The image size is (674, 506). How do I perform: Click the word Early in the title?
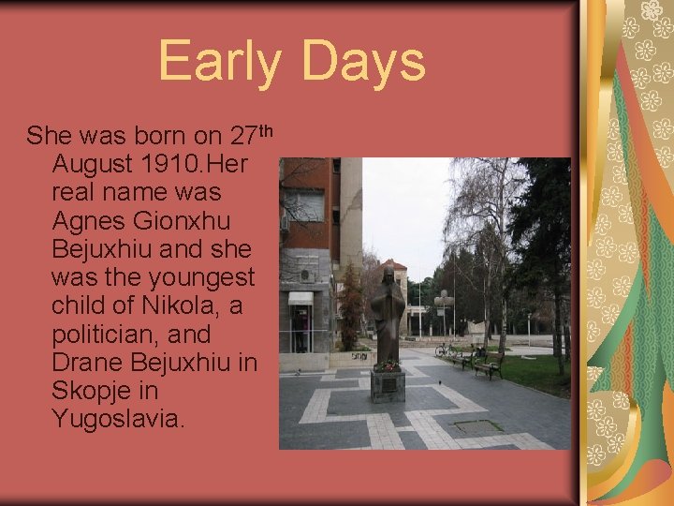[x=218, y=61]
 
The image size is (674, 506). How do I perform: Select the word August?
[x=92, y=165]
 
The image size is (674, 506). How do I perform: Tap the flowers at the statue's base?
[x=388, y=366]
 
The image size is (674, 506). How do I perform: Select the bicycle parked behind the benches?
[x=443, y=350]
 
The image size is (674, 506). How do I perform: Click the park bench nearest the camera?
[x=489, y=366]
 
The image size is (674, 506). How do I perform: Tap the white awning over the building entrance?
[x=300, y=298]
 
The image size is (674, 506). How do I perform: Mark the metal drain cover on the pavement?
[x=478, y=425]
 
